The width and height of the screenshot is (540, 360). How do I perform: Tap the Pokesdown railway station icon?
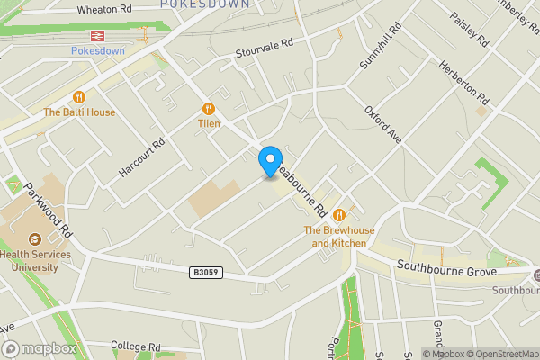point(94,36)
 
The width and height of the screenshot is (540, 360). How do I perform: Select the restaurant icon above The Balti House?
point(79,97)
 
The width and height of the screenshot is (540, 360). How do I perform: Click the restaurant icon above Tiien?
point(209,107)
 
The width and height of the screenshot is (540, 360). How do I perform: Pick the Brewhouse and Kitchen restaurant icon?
point(339,214)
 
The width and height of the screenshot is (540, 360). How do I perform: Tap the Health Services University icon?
point(34,239)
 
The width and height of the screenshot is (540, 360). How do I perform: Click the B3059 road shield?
point(206,271)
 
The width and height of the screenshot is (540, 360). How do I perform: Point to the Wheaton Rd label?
point(105,8)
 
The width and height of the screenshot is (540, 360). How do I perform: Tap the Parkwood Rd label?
point(48,209)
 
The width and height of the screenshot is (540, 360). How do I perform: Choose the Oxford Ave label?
point(382,124)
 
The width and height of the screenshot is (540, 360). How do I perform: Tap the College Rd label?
point(135,346)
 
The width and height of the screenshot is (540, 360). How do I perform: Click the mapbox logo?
point(40,348)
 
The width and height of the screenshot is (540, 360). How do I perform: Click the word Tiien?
point(209,123)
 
